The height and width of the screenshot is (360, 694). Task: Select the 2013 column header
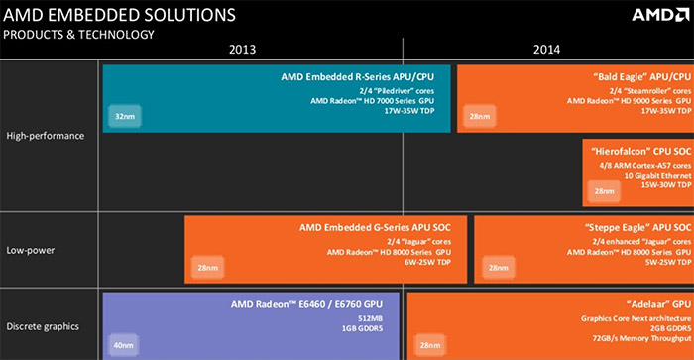248,49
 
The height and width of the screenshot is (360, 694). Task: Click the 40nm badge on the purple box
124,344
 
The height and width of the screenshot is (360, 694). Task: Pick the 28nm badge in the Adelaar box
429,344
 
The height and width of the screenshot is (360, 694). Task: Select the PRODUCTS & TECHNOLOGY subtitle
80,35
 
